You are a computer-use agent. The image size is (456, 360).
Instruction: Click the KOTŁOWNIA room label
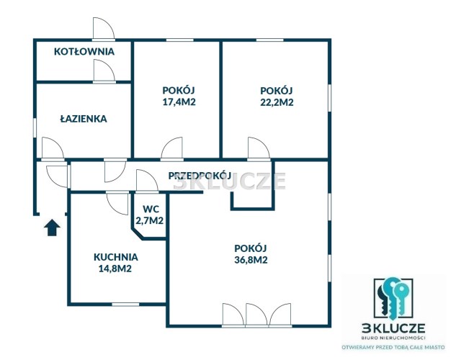click(84, 51)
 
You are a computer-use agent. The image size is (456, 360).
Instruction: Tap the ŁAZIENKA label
click(84, 119)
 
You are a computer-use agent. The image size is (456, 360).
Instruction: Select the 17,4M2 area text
click(179, 102)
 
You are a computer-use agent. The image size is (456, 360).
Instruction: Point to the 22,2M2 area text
click(277, 102)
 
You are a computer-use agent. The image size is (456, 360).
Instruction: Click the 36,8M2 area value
click(251, 260)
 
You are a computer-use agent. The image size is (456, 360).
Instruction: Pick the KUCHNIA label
click(116, 257)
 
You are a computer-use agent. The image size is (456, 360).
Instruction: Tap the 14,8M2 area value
click(115, 269)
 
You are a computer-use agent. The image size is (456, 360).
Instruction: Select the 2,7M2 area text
click(150, 221)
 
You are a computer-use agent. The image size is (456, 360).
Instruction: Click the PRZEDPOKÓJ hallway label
click(200, 176)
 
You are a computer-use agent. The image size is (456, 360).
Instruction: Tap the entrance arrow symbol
click(52, 228)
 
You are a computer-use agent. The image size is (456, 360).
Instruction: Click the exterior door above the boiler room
click(104, 28)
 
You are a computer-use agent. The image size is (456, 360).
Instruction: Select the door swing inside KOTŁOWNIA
click(104, 71)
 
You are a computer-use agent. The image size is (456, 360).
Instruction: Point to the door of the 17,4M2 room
click(172, 149)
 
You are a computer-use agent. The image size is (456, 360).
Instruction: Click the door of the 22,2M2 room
click(259, 149)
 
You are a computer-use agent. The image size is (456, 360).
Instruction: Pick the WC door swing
click(147, 181)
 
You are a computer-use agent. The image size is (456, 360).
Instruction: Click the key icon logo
click(393, 298)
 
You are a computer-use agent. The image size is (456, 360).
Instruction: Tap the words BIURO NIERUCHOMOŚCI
click(393, 338)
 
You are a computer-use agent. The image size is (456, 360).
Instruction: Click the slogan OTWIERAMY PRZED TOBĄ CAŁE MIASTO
click(393, 347)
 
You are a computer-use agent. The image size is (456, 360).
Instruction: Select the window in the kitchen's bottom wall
click(125, 305)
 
